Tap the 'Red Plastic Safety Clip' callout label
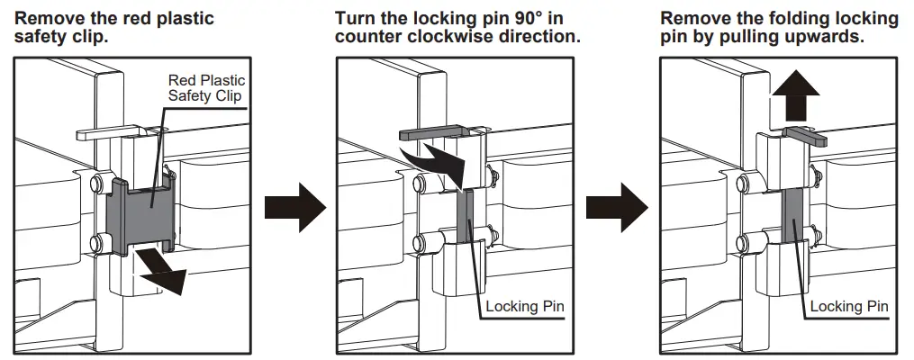coord(206,88)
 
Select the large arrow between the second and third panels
coord(617,209)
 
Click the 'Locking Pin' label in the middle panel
coord(525,307)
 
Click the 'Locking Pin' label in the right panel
coord(849,307)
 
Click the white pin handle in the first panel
coord(108,132)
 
